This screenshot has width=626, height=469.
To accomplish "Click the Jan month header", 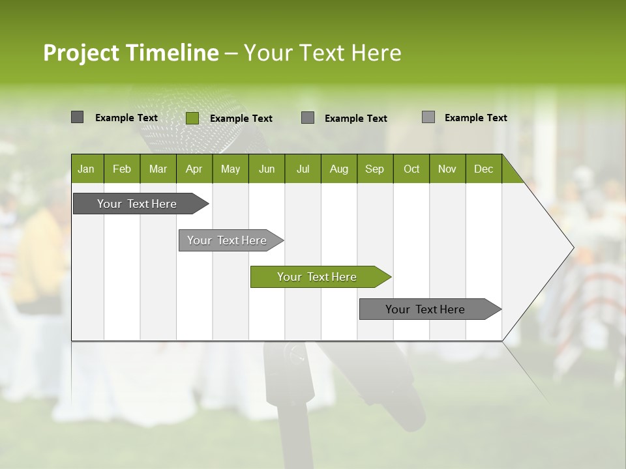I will (86, 169).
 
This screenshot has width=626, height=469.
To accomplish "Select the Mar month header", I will (158, 169).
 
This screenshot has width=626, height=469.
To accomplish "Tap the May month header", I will (230, 169).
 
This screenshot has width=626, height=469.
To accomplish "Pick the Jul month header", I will (303, 169).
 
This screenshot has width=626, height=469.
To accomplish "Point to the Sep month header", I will (374, 169).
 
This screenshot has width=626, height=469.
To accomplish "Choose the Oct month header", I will (411, 169).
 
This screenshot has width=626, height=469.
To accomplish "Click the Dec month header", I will (483, 169).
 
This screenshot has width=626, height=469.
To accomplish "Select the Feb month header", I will (122, 169).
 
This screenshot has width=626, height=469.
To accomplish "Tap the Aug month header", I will (338, 169).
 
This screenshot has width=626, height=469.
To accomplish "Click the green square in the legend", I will (192, 118).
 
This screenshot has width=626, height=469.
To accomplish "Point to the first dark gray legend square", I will (77, 117).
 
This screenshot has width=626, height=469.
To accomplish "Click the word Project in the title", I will (82, 53).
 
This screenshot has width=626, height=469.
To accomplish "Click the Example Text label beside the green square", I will (241, 119).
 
